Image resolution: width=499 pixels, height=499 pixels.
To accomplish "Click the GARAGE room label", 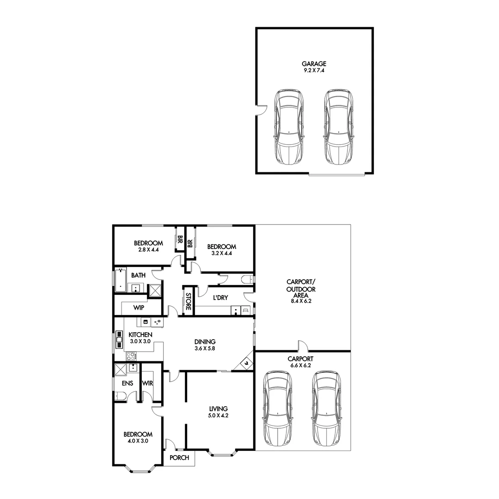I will (x=314, y=64).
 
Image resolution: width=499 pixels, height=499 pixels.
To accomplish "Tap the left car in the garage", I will (x=289, y=127).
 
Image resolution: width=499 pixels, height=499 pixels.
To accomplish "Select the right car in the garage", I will (x=339, y=127).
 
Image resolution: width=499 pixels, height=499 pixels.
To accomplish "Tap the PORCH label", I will (x=180, y=458).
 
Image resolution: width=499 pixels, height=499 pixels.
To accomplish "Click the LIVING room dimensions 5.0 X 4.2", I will (x=218, y=415).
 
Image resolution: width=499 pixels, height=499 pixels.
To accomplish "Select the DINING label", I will (x=205, y=341).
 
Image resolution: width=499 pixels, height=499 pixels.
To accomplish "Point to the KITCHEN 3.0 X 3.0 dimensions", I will (x=140, y=341).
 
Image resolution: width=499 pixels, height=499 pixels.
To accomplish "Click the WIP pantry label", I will (x=139, y=307).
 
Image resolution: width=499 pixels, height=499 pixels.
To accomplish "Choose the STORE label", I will (x=189, y=301).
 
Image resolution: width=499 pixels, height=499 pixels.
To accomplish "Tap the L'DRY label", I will (x=220, y=298).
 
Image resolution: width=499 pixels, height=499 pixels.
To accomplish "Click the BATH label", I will (x=138, y=275).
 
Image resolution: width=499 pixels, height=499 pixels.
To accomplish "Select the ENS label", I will (x=128, y=383).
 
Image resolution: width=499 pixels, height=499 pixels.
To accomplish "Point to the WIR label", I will (x=148, y=383).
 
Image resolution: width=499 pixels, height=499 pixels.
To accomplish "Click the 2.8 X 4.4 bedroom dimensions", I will (x=148, y=249).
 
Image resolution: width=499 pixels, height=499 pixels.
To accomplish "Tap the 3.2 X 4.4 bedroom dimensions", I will (x=221, y=253).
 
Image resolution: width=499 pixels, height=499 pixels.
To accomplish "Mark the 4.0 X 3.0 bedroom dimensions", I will (x=137, y=441).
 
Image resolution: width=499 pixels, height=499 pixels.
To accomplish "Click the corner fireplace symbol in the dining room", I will (x=246, y=363).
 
